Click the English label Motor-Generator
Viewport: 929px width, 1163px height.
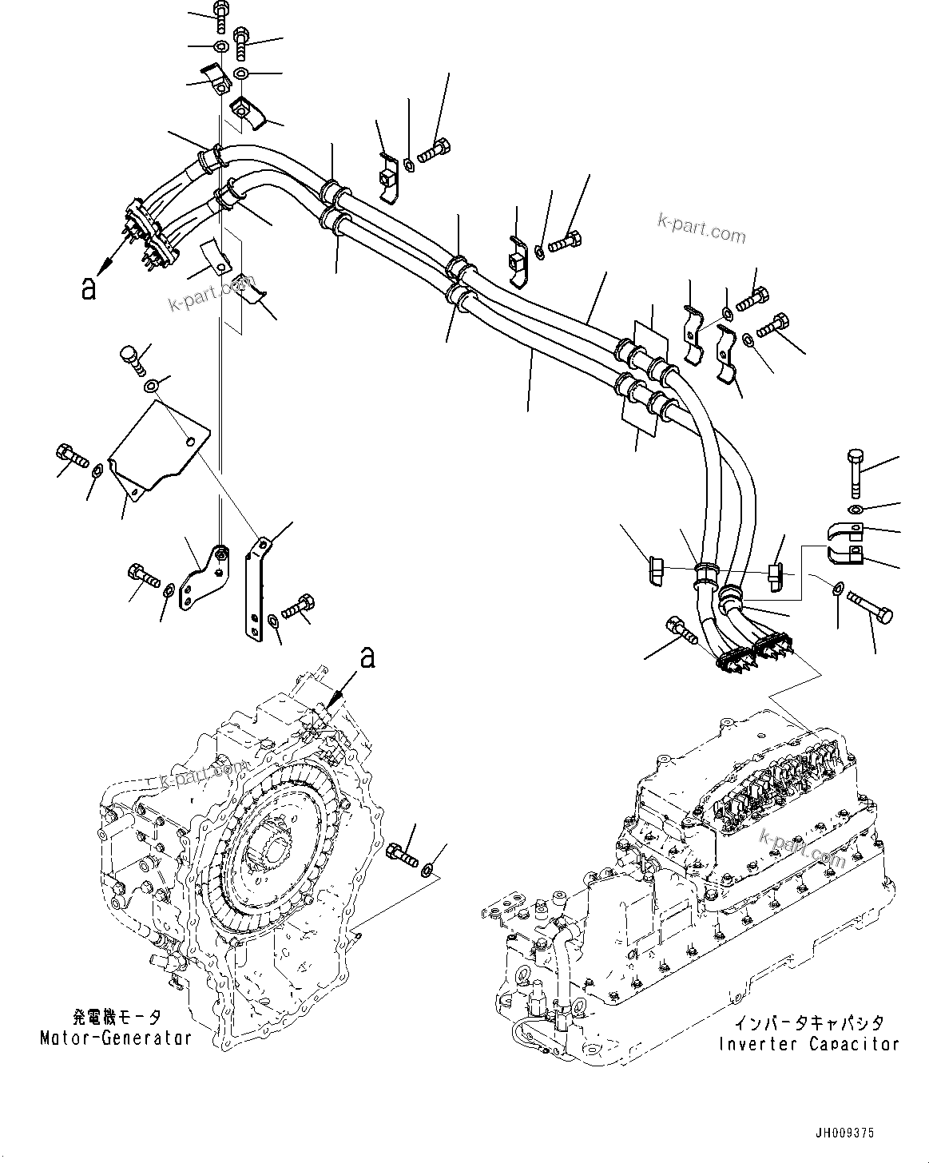[116, 1038]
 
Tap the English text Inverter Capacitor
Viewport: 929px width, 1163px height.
[808, 1044]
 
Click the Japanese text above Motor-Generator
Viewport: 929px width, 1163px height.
[117, 1018]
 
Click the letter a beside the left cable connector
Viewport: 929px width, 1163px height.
[89, 288]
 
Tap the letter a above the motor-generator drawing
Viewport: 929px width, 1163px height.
[367, 657]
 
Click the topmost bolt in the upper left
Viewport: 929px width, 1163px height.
[221, 17]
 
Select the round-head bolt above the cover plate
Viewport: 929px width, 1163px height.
[132, 359]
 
